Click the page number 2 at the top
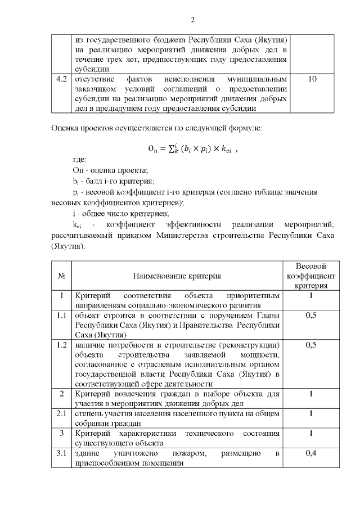pos(193,20)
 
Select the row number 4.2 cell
pos(61,79)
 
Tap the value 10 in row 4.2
pos(313,79)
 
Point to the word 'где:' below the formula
pos(80,160)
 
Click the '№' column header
pos(61,276)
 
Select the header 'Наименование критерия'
pos(177,276)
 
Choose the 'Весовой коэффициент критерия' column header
pos(311,276)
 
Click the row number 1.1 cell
pos(61,315)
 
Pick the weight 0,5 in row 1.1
pos(311,315)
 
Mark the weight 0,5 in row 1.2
pos(311,345)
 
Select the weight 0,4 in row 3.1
pos(311,453)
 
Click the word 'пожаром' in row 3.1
pos(190,453)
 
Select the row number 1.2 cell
pos(61,345)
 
